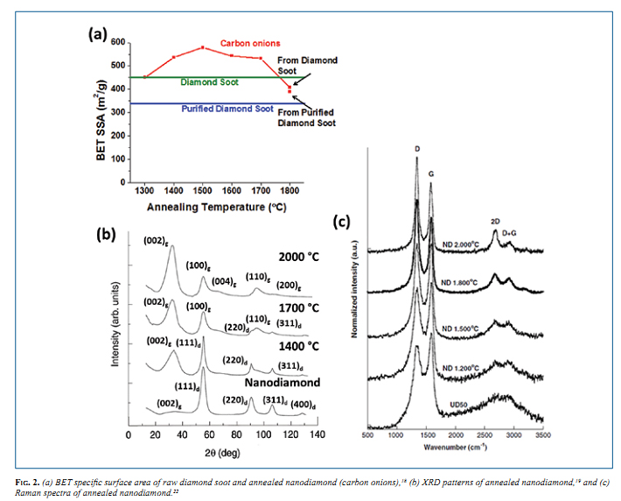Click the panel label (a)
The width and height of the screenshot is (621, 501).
tap(96, 34)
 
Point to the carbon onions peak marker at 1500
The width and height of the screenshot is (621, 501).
tap(202, 47)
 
